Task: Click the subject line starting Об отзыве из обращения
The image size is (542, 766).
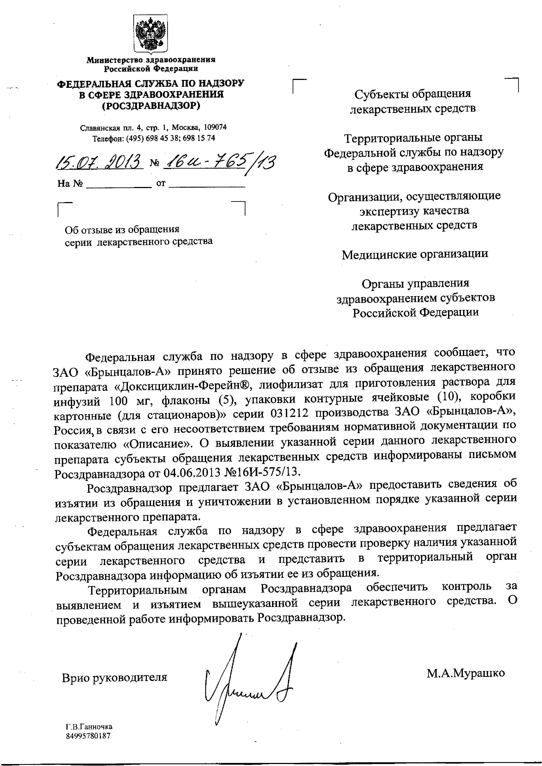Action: click(122, 230)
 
